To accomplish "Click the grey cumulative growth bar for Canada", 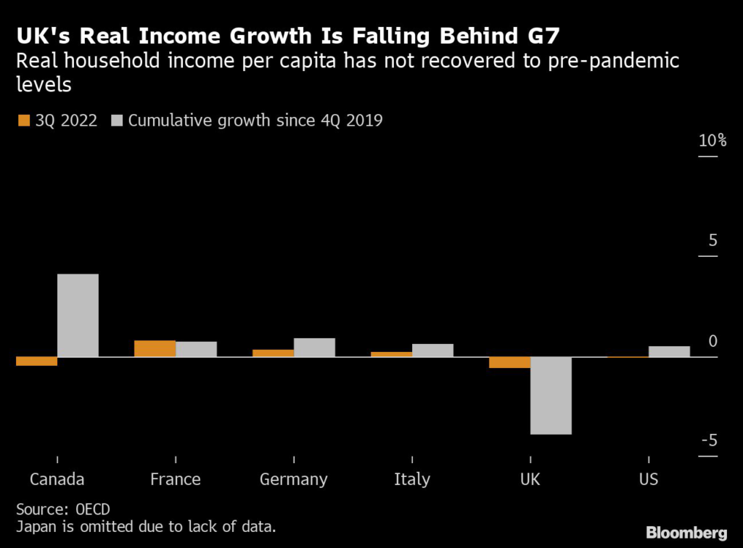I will pos(78,315).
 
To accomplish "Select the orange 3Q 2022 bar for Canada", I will pos(36,361).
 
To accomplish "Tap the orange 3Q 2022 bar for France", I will pos(155,348).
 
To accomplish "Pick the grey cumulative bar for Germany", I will pos(314,347).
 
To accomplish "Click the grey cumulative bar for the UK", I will pos(551,396).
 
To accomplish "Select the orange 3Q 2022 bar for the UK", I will pos(509,362).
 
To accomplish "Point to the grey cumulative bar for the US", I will pos(669,351).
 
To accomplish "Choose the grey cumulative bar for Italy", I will pos(432,350).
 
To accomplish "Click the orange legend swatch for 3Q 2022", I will pos(23,120).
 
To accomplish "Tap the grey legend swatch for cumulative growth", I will pos(116,120).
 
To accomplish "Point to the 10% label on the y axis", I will pos(712,141).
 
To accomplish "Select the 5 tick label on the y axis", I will pos(713,241).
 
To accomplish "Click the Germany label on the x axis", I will pos(293,480).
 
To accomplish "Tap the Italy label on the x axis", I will pos(411,480).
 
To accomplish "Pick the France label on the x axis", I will pos(175,480).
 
